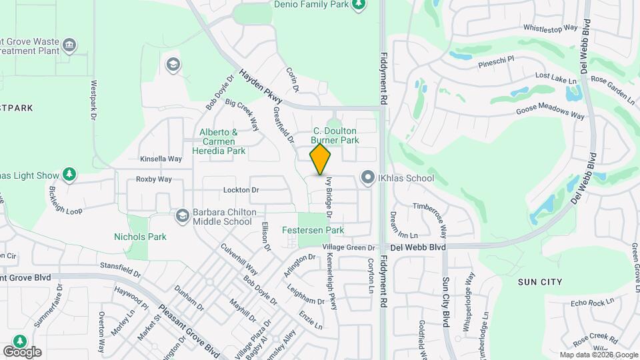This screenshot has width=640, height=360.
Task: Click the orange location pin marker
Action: tap(320, 160)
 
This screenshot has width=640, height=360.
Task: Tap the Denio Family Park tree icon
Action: tap(359, 5)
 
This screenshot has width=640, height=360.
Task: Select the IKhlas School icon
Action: tap(367, 178)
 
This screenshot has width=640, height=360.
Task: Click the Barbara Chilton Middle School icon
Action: tap(182, 216)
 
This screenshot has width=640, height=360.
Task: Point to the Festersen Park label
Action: tap(321, 230)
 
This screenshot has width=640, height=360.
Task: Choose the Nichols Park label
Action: tap(140, 237)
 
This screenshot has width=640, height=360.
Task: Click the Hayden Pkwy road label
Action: tap(261, 87)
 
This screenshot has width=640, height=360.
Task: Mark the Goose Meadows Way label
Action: tap(551, 111)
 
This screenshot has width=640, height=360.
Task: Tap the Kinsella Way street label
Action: tap(161, 159)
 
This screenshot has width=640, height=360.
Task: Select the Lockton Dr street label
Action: tap(241, 190)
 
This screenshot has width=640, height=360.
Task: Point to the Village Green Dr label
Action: tap(349, 247)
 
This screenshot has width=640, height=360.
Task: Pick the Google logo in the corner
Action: tap(22, 351)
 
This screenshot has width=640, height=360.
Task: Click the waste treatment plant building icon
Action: tap(69, 46)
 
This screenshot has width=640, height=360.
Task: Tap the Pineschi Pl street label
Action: tap(497, 62)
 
